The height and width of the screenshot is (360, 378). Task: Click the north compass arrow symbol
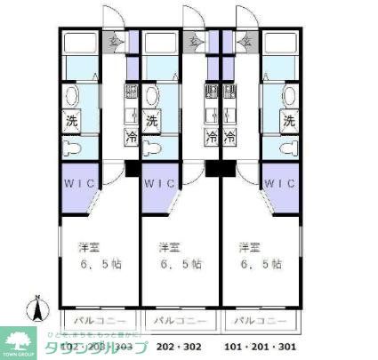(36, 308)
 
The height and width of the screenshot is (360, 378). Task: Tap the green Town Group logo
(19, 340)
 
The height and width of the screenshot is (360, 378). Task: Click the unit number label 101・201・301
(261, 348)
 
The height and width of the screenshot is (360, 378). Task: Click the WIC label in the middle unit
(161, 184)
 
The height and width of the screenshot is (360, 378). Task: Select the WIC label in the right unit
(278, 184)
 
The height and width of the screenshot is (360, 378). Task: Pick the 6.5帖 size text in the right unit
(261, 264)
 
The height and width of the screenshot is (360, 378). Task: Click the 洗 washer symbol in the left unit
(70, 121)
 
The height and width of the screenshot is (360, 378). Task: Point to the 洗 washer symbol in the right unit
(287, 121)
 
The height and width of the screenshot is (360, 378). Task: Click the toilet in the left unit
(72, 147)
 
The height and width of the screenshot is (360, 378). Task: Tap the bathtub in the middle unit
(161, 43)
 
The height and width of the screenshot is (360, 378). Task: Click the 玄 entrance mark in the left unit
(114, 41)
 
